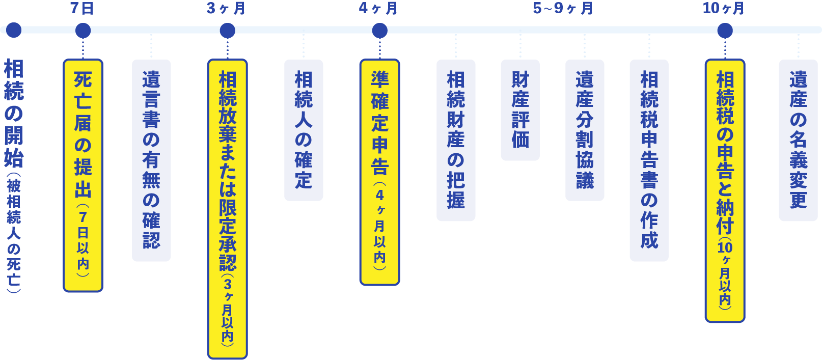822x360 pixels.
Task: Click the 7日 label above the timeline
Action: pos(82,9)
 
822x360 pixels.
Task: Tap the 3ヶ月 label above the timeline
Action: pos(226,9)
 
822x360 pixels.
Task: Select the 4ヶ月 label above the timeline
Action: pos(378,9)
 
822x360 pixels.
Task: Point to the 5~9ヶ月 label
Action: pos(563,9)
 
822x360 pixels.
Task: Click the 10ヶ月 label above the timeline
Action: pos(724,9)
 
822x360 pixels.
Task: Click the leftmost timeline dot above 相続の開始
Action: pos(14,30)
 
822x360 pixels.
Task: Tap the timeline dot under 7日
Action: pos(83,31)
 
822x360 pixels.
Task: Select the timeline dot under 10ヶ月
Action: pos(725,31)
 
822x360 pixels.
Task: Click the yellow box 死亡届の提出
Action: pos(83,176)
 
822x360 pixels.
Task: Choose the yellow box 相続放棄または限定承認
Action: pos(227,209)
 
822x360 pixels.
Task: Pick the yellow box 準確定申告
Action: pos(379,172)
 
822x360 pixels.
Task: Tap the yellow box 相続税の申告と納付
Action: pos(725,190)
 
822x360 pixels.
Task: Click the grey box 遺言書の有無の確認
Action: pos(151,160)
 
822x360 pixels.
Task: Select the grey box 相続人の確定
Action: pos(304,130)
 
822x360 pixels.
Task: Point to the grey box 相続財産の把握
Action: pos(456,140)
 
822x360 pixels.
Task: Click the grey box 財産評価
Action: pos(520,110)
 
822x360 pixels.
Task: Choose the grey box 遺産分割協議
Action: pos(585,130)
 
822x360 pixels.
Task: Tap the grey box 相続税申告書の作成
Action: pos(649,160)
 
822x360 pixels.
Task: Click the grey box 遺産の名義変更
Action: pos(798,140)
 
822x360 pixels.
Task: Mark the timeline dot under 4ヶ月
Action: pos(380,31)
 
